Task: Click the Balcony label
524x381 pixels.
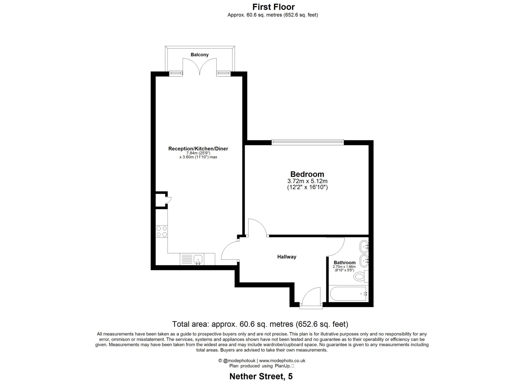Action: (x=200, y=55)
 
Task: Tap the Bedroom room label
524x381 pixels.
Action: (x=307, y=174)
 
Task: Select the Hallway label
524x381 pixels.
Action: (x=287, y=257)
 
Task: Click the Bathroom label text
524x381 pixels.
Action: (x=344, y=263)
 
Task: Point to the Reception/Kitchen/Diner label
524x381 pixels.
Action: (x=198, y=148)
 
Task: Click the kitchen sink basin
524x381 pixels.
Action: (x=198, y=259)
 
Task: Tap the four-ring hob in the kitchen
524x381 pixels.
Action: (x=161, y=231)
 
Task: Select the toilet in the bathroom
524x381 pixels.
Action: (x=359, y=276)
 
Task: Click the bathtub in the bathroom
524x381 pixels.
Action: (x=348, y=293)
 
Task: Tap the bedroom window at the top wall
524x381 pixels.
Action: (x=308, y=142)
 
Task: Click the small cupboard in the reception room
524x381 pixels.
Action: (x=161, y=200)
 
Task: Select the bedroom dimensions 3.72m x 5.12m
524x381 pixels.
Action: (x=307, y=181)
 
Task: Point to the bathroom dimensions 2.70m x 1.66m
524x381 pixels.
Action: (x=344, y=267)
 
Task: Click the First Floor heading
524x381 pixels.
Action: (x=273, y=7)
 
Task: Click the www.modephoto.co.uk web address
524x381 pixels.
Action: (x=282, y=361)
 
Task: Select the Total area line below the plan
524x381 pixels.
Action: (x=260, y=324)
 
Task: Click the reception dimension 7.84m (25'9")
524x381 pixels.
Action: (x=198, y=153)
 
